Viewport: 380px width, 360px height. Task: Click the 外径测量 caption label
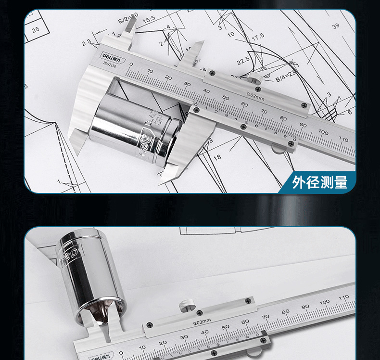tap(319, 182)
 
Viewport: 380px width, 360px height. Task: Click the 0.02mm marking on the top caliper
tap(255, 94)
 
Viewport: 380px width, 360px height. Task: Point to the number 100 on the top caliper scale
tap(323, 132)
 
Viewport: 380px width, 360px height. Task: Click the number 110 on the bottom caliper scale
tap(343, 297)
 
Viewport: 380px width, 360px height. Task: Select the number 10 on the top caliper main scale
tap(150, 71)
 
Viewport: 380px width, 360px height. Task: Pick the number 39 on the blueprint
tap(335, 26)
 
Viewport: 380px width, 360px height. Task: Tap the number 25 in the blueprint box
tap(36, 29)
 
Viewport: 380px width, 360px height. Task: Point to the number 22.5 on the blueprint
tap(242, 61)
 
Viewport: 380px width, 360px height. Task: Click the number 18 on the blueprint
tap(217, 157)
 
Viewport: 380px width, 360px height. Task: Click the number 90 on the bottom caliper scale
tap(305, 307)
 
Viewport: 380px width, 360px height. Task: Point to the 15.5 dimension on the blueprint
tap(149, 20)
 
